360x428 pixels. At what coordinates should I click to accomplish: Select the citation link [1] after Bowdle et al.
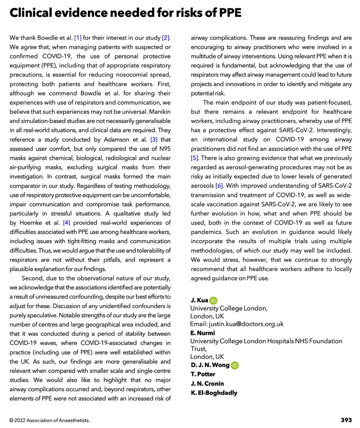(78, 38)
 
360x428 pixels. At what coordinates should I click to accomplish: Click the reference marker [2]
(166, 38)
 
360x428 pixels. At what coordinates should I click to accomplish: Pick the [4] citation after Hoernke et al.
(66, 223)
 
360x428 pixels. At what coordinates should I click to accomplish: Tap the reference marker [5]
(195, 158)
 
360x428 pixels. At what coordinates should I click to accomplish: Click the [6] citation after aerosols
(220, 186)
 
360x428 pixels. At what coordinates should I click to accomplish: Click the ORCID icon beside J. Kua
(213, 300)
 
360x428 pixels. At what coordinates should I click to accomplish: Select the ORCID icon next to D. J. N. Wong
(235, 365)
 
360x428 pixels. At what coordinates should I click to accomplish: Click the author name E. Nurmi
(202, 333)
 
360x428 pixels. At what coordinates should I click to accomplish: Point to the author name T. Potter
(202, 374)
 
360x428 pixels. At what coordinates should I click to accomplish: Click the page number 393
(346, 420)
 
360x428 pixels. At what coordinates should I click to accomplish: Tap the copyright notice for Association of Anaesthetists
(50, 420)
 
